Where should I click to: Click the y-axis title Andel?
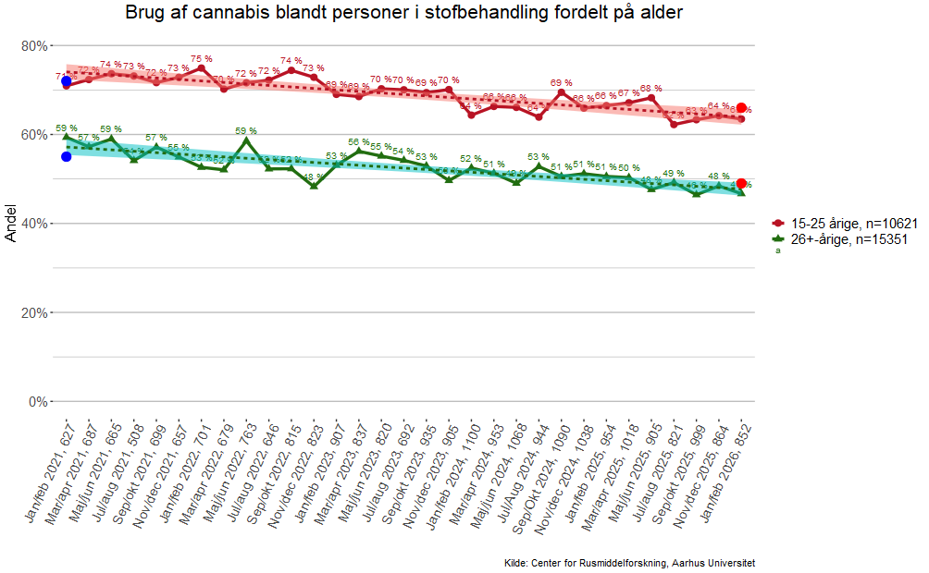click(11, 224)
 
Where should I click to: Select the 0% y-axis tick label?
click(38, 401)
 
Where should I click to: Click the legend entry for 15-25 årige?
click(848, 224)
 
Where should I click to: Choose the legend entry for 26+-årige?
click(848, 238)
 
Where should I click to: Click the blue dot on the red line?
click(67, 81)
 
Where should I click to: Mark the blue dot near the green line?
click(67, 156)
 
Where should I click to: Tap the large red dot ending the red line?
click(742, 108)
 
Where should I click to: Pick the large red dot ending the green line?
click(742, 183)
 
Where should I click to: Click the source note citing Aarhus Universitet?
click(630, 562)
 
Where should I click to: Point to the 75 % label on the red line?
click(202, 58)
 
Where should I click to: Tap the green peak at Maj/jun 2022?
click(246, 140)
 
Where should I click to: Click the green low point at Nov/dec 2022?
click(314, 186)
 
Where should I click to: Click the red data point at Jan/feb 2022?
click(202, 68)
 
